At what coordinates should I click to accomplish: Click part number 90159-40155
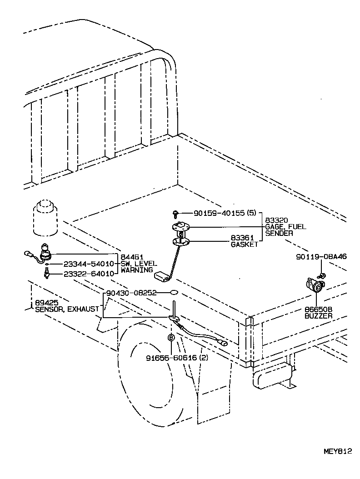pyautogui.click(x=219, y=213)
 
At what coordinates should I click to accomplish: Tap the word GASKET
pyautogui.click(x=245, y=244)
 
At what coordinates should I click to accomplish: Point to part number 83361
pyautogui.click(x=242, y=238)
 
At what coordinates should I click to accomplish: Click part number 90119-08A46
pyautogui.click(x=321, y=256)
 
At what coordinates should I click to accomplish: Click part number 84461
pyautogui.click(x=130, y=257)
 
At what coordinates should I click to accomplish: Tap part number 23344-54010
pyautogui.click(x=89, y=264)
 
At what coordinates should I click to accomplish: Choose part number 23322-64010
pyautogui.click(x=89, y=274)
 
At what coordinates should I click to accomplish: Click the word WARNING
pyautogui.click(x=137, y=270)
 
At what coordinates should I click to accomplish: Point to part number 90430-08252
pyautogui.click(x=131, y=293)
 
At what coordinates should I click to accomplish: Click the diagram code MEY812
pyautogui.click(x=338, y=451)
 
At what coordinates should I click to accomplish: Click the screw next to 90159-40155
pyautogui.click(x=175, y=212)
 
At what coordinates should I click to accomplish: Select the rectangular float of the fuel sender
pyautogui.click(x=161, y=275)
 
